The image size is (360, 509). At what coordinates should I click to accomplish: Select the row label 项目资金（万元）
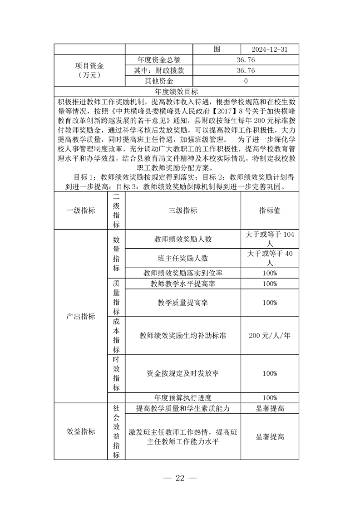point(89,70)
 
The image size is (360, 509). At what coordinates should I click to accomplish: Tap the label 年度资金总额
point(159,60)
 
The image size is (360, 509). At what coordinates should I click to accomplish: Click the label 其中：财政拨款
point(159,70)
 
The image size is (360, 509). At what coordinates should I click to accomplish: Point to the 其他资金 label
point(159,81)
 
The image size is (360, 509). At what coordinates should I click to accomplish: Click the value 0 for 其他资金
point(246,81)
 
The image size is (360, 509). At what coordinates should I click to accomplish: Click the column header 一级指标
point(81,210)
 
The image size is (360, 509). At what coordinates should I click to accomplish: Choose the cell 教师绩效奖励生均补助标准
point(182,336)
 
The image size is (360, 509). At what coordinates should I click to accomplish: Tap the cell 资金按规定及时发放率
point(182,373)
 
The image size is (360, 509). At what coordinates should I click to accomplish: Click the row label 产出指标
point(81,316)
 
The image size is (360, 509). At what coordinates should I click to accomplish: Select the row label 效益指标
point(81,431)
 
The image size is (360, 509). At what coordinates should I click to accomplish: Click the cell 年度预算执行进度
point(182,397)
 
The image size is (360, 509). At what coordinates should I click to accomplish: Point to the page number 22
point(180,479)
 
